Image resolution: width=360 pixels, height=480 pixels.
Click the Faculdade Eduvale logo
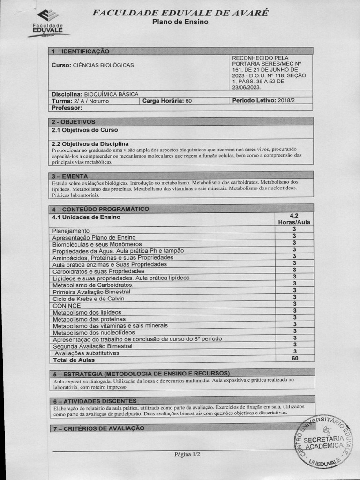[x=49, y=24]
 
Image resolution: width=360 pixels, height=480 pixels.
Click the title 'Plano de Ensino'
[x=180, y=22]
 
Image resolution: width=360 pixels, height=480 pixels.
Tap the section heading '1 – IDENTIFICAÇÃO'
[x=80, y=51]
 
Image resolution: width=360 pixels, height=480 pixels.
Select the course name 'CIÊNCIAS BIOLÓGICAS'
[x=103, y=65]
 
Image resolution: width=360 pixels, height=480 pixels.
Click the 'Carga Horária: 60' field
[x=167, y=101]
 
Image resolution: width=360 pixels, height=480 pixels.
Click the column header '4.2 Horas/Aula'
[x=294, y=219]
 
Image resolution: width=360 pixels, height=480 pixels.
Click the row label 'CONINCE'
[x=67, y=306]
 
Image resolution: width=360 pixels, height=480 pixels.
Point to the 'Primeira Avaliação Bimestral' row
[x=91, y=292]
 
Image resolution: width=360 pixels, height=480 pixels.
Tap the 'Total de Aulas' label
[x=74, y=360]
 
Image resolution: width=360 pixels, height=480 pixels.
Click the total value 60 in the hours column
[x=294, y=358]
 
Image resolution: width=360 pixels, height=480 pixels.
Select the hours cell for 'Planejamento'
[x=294, y=230]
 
